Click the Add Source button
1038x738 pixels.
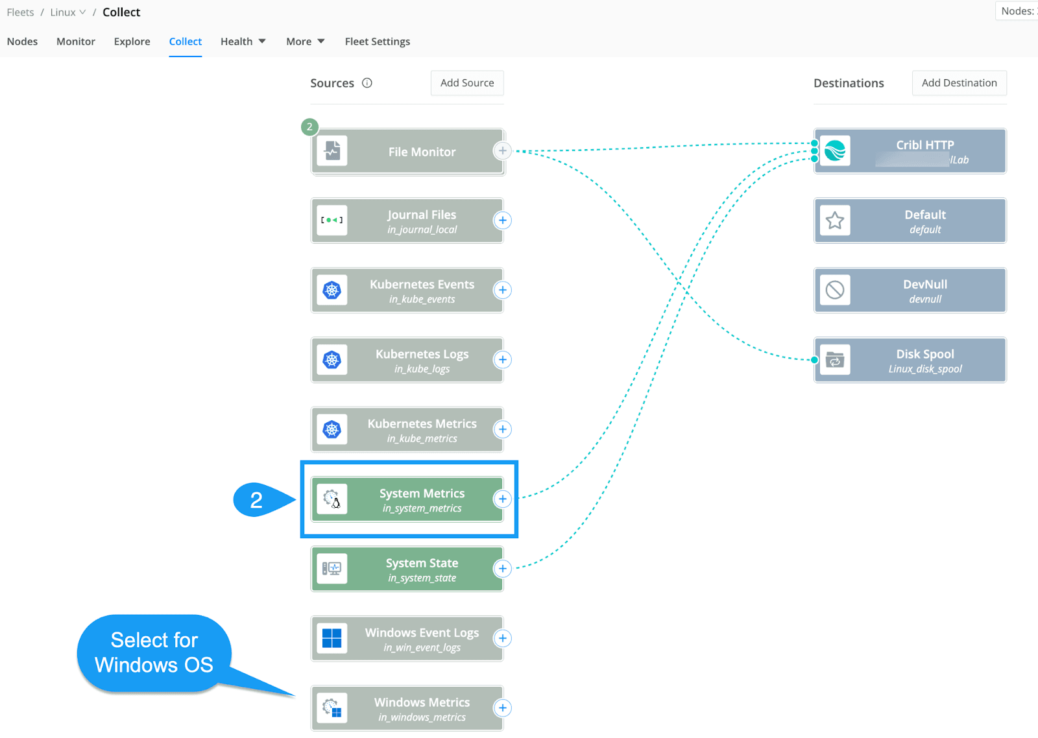[x=467, y=83]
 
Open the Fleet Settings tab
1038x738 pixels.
[x=377, y=42]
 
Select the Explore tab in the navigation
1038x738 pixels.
[x=132, y=42]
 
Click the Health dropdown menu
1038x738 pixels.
[x=243, y=42]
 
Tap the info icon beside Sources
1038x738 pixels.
[x=367, y=83]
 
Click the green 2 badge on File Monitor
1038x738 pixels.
[x=309, y=126]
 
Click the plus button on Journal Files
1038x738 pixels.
[x=502, y=220]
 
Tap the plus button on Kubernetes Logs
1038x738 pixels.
[x=502, y=360]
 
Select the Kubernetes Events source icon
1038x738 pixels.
[x=332, y=290]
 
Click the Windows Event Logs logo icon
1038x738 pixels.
[x=332, y=638]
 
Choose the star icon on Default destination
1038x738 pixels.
[x=835, y=220]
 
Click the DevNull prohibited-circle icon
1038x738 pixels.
[x=835, y=290]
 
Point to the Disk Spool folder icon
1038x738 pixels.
[x=835, y=360]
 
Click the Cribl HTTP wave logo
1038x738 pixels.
[x=835, y=151]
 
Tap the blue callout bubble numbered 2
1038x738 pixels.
[x=256, y=500]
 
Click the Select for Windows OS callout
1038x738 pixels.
[x=154, y=652]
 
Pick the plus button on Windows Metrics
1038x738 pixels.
[x=502, y=708]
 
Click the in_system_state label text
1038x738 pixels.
[x=422, y=578]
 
